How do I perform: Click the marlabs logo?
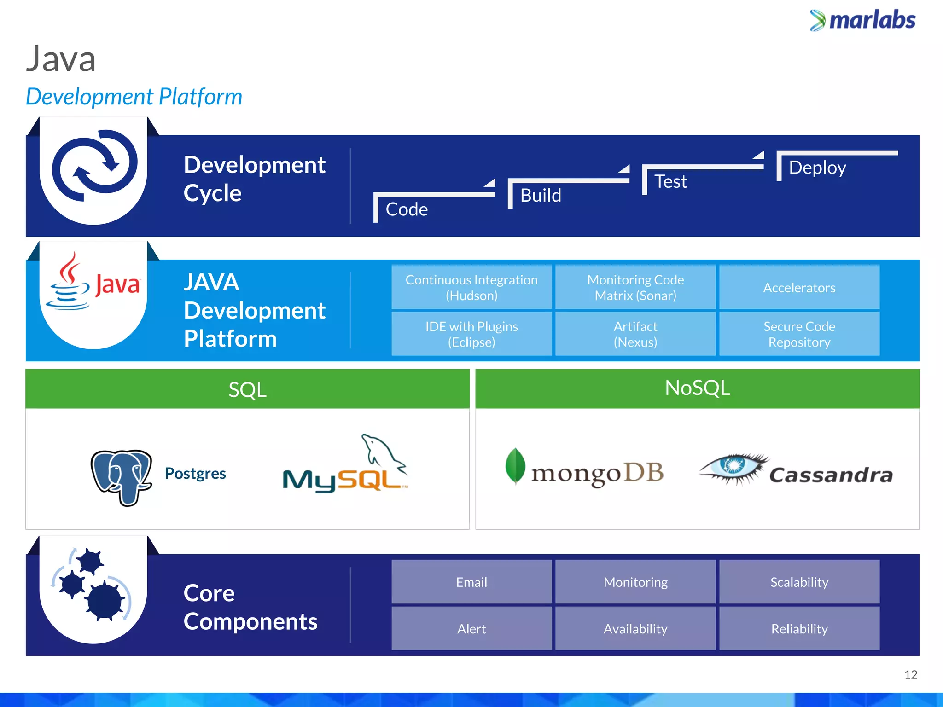point(862,21)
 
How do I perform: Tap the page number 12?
point(910,675)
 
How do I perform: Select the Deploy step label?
point(817,168)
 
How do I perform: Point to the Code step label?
point(407,209)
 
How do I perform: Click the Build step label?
point(541,196)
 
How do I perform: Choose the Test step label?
point(670,181)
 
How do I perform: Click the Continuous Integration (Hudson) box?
point(471,287)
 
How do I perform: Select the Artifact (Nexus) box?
point(635,334)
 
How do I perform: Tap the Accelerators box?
point(799,287)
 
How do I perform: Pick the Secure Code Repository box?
point(799,334)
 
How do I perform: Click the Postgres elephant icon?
point(122,477)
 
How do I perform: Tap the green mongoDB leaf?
point(515,465)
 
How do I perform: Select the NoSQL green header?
point(697,388)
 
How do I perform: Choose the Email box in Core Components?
point(471,582)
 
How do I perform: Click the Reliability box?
point(799,629)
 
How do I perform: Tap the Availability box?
point(635,629)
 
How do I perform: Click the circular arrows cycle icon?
point(94,166)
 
